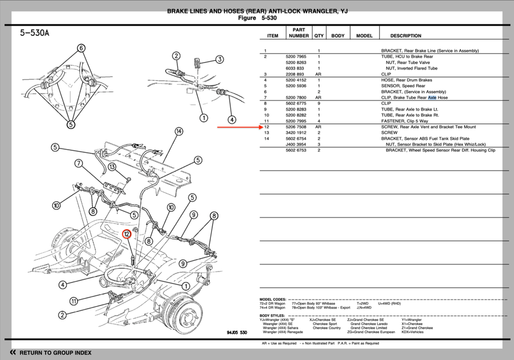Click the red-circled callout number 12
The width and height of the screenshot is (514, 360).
[127, 234]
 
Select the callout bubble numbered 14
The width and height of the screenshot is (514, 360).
[179, 132]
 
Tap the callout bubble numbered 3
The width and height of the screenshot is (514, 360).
[220, 59]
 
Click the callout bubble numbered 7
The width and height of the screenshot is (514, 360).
[79, 163]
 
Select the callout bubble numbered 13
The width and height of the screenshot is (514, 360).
[112, 167]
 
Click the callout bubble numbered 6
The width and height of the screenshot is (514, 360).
[81, 48]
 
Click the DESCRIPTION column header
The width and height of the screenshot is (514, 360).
[405, 36]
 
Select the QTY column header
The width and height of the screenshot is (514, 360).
[319, 36]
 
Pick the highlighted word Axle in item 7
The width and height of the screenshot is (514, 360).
[432, 98]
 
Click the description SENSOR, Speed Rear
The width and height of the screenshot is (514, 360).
[403, 86]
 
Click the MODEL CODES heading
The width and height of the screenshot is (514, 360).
[273, 300]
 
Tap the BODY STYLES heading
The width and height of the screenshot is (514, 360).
[273, 316]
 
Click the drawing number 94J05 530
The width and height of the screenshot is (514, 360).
[237, 332]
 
